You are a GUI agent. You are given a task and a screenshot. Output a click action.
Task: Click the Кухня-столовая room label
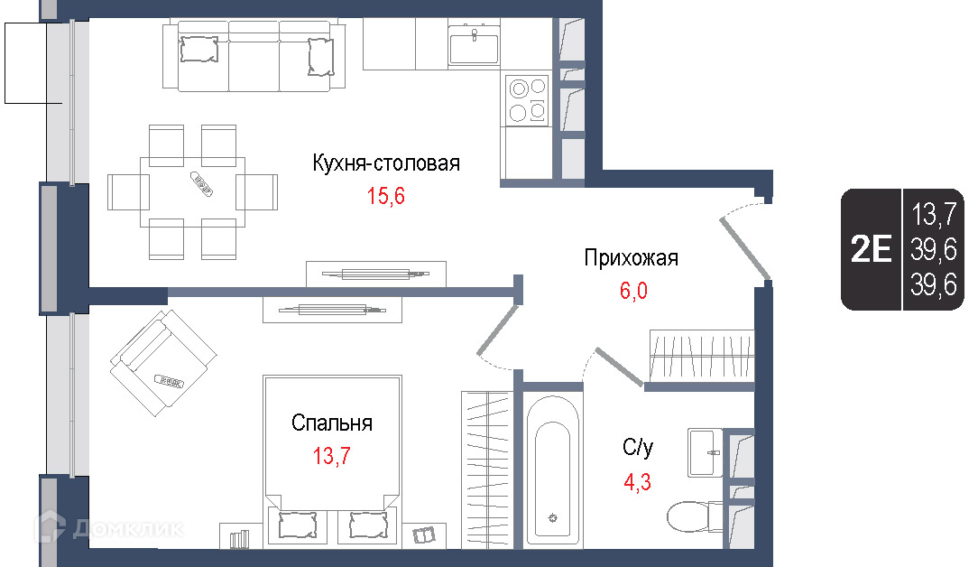[386, 163]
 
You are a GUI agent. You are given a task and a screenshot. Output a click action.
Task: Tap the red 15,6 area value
[385, 196]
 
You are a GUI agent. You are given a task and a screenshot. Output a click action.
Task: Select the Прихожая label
[632, 258]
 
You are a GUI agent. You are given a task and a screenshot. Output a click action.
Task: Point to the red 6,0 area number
[633, 291]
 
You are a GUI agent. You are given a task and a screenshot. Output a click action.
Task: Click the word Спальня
[332, 423]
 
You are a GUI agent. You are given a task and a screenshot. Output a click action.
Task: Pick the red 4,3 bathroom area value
[638, 482]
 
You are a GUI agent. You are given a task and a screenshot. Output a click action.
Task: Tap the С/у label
[638, 447]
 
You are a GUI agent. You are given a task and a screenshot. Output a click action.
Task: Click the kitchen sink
[474, 42]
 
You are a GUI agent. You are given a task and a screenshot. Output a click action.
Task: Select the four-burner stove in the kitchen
[528, 100]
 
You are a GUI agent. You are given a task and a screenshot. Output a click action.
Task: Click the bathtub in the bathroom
[553, 470]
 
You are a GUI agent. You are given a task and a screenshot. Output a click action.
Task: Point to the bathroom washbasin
[706, 452]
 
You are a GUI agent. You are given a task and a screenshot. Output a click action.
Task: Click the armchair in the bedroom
[163, 363]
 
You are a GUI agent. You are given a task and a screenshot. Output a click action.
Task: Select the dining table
[192, 191]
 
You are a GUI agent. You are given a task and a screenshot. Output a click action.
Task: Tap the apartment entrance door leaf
[745, 248]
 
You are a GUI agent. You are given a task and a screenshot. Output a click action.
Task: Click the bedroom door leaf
[498, 330]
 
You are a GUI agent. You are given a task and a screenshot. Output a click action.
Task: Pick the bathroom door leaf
[619, 366]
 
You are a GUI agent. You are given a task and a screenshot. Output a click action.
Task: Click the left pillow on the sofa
[199, 49]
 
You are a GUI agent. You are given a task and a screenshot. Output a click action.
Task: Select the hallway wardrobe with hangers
[702, 356]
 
